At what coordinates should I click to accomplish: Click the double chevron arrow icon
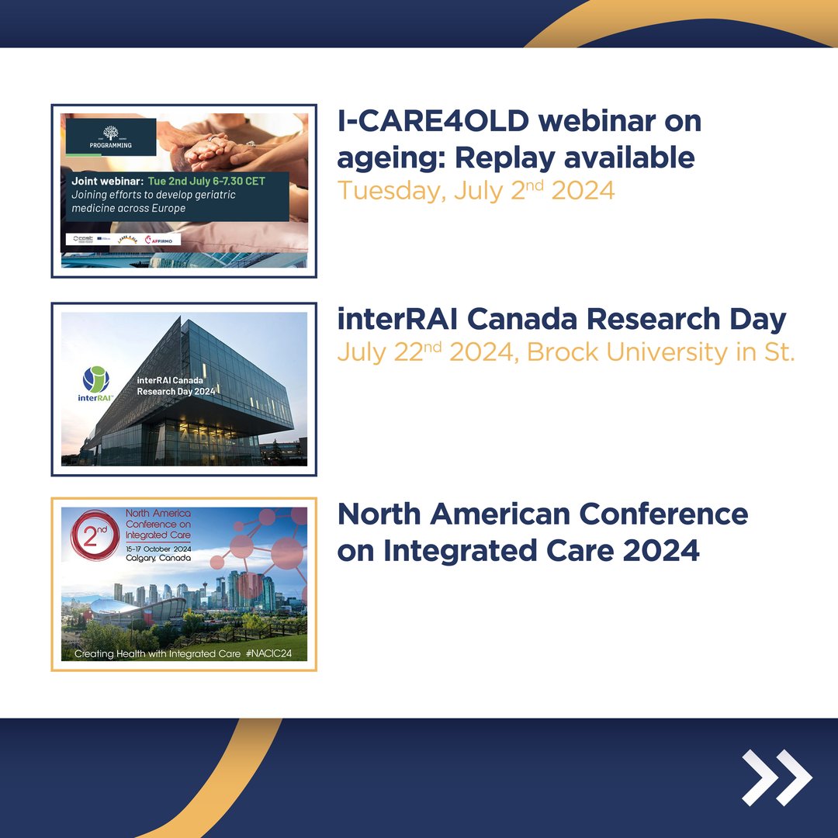pos(777,777)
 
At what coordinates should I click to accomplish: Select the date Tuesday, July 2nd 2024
pos(476,190)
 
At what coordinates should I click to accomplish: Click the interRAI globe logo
pos(96,379)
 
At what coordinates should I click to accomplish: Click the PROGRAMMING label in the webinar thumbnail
pos(111,144)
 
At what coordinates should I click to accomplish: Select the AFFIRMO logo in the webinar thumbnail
pos(161,240)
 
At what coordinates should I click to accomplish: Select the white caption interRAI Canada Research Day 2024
pos(175,385)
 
